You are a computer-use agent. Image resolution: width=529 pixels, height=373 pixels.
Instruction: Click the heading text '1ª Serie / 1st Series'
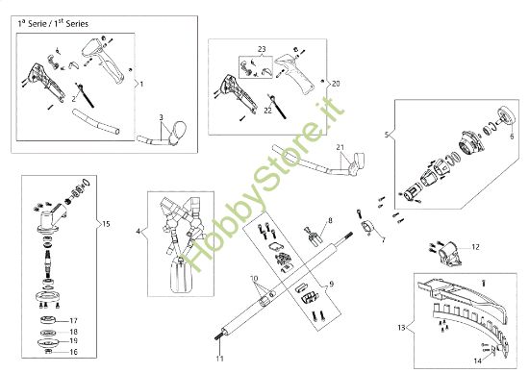(53, 24)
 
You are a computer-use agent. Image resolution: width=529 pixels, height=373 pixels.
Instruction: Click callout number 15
(106, 224)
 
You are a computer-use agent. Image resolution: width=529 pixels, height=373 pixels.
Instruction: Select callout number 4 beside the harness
(138, 232)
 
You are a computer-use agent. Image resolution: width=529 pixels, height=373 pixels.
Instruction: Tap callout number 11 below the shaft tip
(220, 359)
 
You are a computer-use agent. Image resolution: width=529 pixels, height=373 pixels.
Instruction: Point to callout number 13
(401, 328)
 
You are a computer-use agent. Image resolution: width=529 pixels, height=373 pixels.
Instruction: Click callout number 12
(475, 247)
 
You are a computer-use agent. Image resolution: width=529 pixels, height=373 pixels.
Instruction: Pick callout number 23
(262, 49)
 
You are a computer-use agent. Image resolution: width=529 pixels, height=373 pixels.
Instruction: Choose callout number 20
(336, 84)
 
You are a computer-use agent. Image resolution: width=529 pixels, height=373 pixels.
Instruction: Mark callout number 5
(387, 135)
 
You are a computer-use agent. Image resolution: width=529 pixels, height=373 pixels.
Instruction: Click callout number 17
(73, 321)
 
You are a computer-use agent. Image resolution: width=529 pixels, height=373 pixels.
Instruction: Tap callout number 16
(73, 352)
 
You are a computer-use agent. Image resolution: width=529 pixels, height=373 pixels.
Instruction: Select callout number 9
(331, 285)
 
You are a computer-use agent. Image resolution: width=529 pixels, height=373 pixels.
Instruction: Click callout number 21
(340, 147)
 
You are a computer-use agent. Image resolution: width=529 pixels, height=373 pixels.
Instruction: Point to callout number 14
(478, 361)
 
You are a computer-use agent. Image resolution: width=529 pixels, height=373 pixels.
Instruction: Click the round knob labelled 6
(507, 115)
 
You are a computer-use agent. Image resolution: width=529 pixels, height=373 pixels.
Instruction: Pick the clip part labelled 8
(315, 237)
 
